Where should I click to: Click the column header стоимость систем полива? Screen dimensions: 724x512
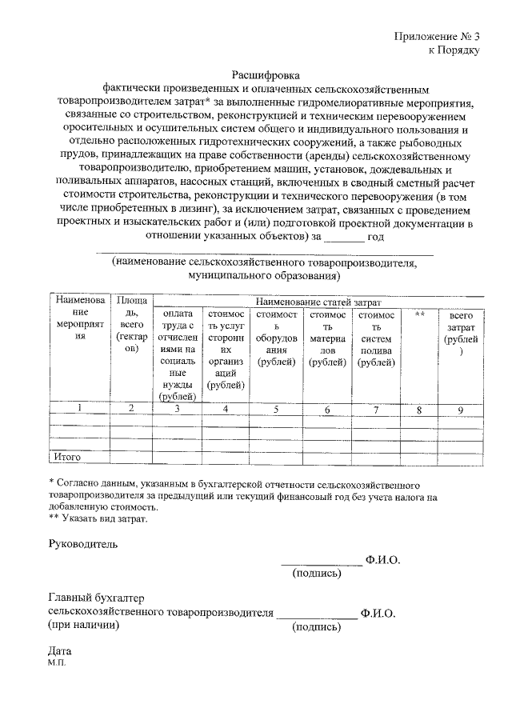(376, 339)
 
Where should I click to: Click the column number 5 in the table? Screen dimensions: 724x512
(276, 410)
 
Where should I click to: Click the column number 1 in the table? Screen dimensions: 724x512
(79, 409)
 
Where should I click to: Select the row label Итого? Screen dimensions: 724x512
(67, 457)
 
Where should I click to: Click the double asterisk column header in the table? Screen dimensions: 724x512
(419, 315)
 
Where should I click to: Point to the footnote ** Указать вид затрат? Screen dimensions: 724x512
(98, 518)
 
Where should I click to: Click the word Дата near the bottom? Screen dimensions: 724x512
(61, 651)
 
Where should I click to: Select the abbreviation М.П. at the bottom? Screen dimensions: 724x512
(58, 663)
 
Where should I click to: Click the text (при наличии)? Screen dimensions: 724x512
(80, 626)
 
